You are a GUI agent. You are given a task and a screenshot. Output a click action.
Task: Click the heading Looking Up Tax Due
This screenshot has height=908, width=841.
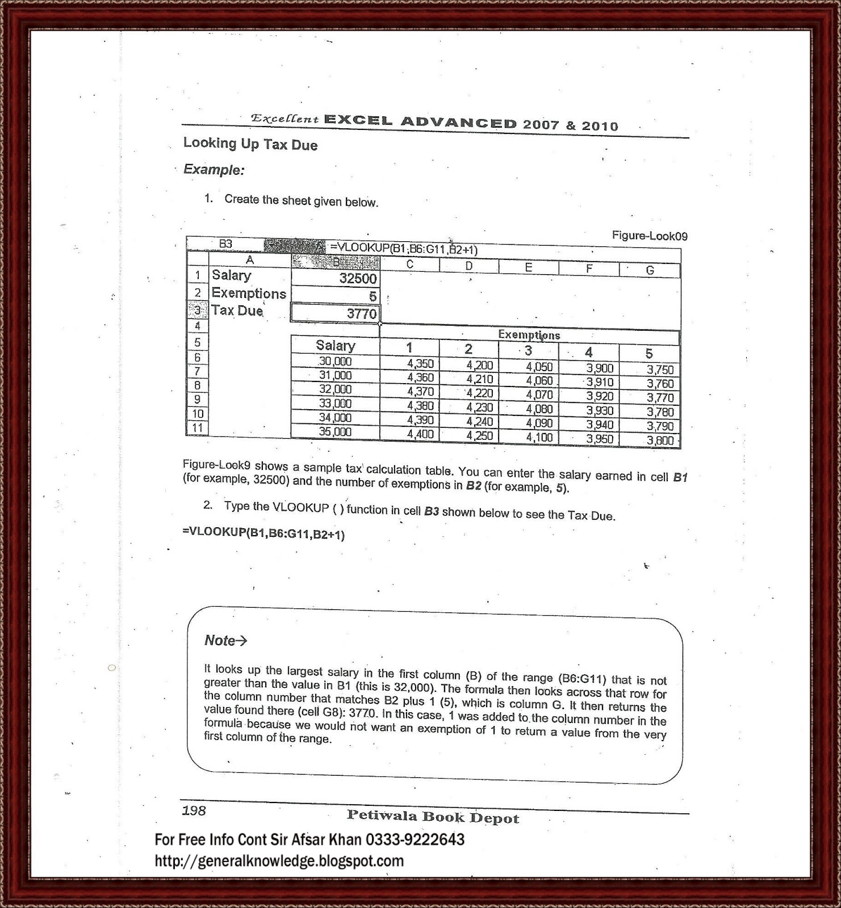point(250,144)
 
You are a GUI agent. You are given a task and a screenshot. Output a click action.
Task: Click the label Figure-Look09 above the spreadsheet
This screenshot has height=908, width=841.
point(649,236)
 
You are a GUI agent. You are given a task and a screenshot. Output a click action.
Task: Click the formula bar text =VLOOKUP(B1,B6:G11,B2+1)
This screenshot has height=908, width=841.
point(403,249)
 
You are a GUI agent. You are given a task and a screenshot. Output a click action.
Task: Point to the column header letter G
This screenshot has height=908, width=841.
point(650,271)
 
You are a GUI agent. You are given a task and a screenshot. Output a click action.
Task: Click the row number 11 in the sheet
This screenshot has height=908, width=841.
point(197,428)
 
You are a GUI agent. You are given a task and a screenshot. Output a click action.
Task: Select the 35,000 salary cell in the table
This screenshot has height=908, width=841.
point(335,432)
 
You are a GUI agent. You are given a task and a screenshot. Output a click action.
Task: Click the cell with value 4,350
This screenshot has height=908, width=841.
point(420,364)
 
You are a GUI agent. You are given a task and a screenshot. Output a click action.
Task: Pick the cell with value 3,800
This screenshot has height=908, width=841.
point(660,440)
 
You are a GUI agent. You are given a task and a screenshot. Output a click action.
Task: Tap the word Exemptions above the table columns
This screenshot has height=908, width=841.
point(529,335)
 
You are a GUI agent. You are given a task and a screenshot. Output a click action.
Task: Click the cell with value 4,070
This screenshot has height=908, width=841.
point(539,394)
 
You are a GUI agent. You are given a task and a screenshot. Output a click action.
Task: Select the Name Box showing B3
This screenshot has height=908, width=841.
point(225,243)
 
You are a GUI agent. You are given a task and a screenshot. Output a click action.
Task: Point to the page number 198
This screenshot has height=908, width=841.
point(194,810)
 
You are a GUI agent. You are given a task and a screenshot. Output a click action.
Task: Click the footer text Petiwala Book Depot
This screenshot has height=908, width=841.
point(433,817)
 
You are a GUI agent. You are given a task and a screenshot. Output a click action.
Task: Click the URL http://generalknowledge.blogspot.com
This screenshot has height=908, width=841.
point(279,861)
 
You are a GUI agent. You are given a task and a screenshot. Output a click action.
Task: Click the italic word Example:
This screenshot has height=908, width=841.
point(214,170)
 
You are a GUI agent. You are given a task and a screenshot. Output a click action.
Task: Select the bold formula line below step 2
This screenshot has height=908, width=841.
point(263,533)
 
